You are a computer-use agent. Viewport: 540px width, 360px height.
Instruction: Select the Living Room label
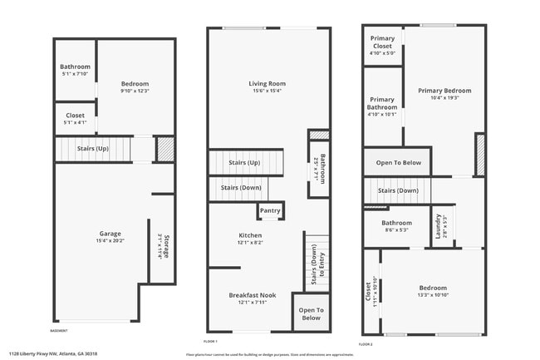tap(267, 83)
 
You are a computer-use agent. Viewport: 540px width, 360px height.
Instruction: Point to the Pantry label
tap(270, 211)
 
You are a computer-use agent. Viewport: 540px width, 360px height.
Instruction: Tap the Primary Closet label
tap(382, 42)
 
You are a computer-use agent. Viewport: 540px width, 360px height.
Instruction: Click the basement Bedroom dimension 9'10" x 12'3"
tap(135, 91)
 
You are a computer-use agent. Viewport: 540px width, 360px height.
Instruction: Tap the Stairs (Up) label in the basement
tap(93, 149)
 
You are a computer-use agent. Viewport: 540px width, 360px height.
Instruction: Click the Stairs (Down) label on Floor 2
tap(398, 190)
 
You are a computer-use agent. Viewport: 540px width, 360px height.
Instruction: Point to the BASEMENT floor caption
tap(59, 331)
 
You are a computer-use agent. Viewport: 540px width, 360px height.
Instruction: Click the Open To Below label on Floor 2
tap(398, 163)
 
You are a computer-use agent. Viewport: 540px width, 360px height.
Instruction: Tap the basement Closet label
tap(75, 116)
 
